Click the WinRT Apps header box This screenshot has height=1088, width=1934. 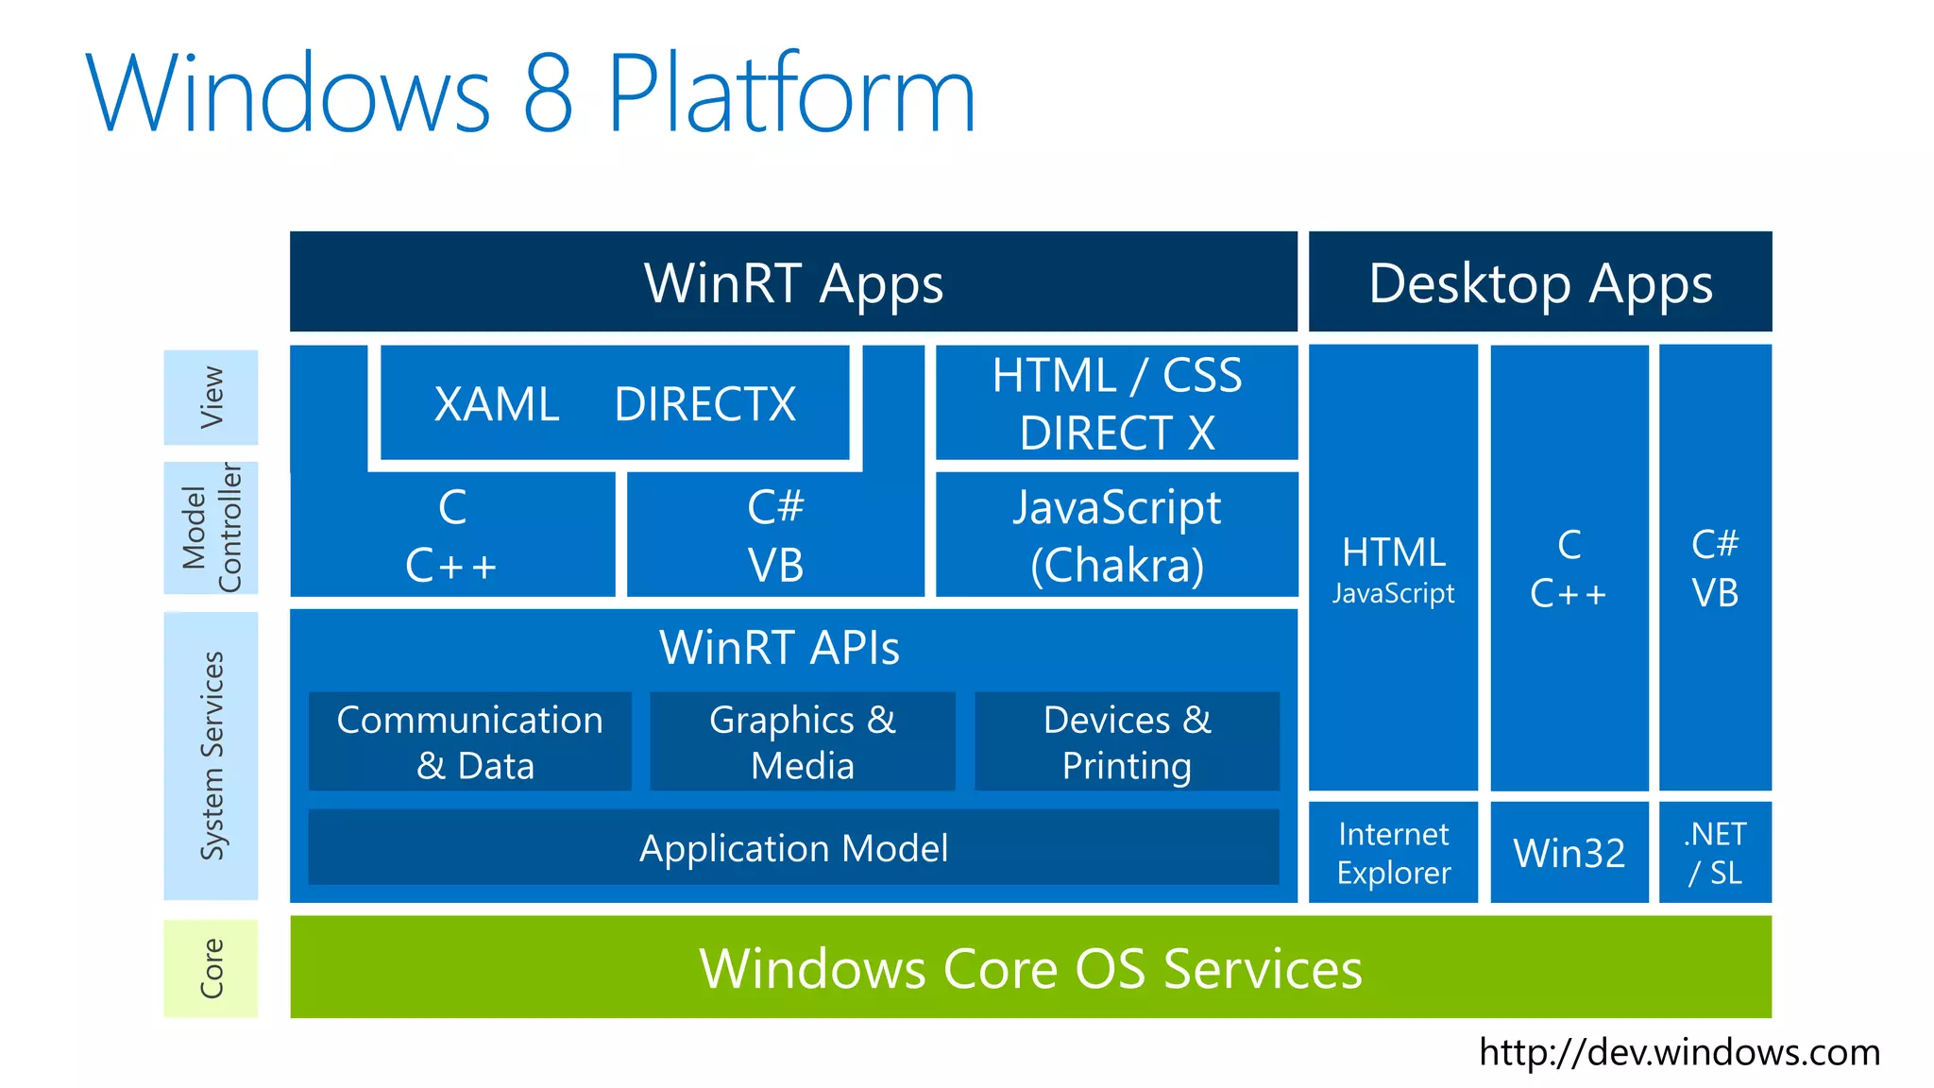793,282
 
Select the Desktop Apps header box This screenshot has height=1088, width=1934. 1539,282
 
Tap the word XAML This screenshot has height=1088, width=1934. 497,404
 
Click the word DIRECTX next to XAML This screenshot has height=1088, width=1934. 704,404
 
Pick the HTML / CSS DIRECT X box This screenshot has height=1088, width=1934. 1116,403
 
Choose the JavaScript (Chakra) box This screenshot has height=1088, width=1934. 1116,535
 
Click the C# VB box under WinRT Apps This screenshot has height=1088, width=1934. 775,535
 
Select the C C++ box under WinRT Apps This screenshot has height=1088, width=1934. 452,535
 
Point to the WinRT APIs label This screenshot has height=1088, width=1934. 779,648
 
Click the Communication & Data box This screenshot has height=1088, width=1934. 470,742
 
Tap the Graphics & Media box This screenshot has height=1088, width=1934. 803,742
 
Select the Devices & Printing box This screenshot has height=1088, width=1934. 1127,742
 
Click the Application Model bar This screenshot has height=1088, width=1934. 793,847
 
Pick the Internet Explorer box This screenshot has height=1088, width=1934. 1393,853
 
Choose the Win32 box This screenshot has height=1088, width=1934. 1569,853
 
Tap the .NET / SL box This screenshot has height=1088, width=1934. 1715,853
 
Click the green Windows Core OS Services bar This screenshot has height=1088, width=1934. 1030,968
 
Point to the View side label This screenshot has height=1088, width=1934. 212,398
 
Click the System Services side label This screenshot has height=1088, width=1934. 212,756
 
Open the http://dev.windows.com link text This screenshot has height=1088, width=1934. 1679,1052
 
